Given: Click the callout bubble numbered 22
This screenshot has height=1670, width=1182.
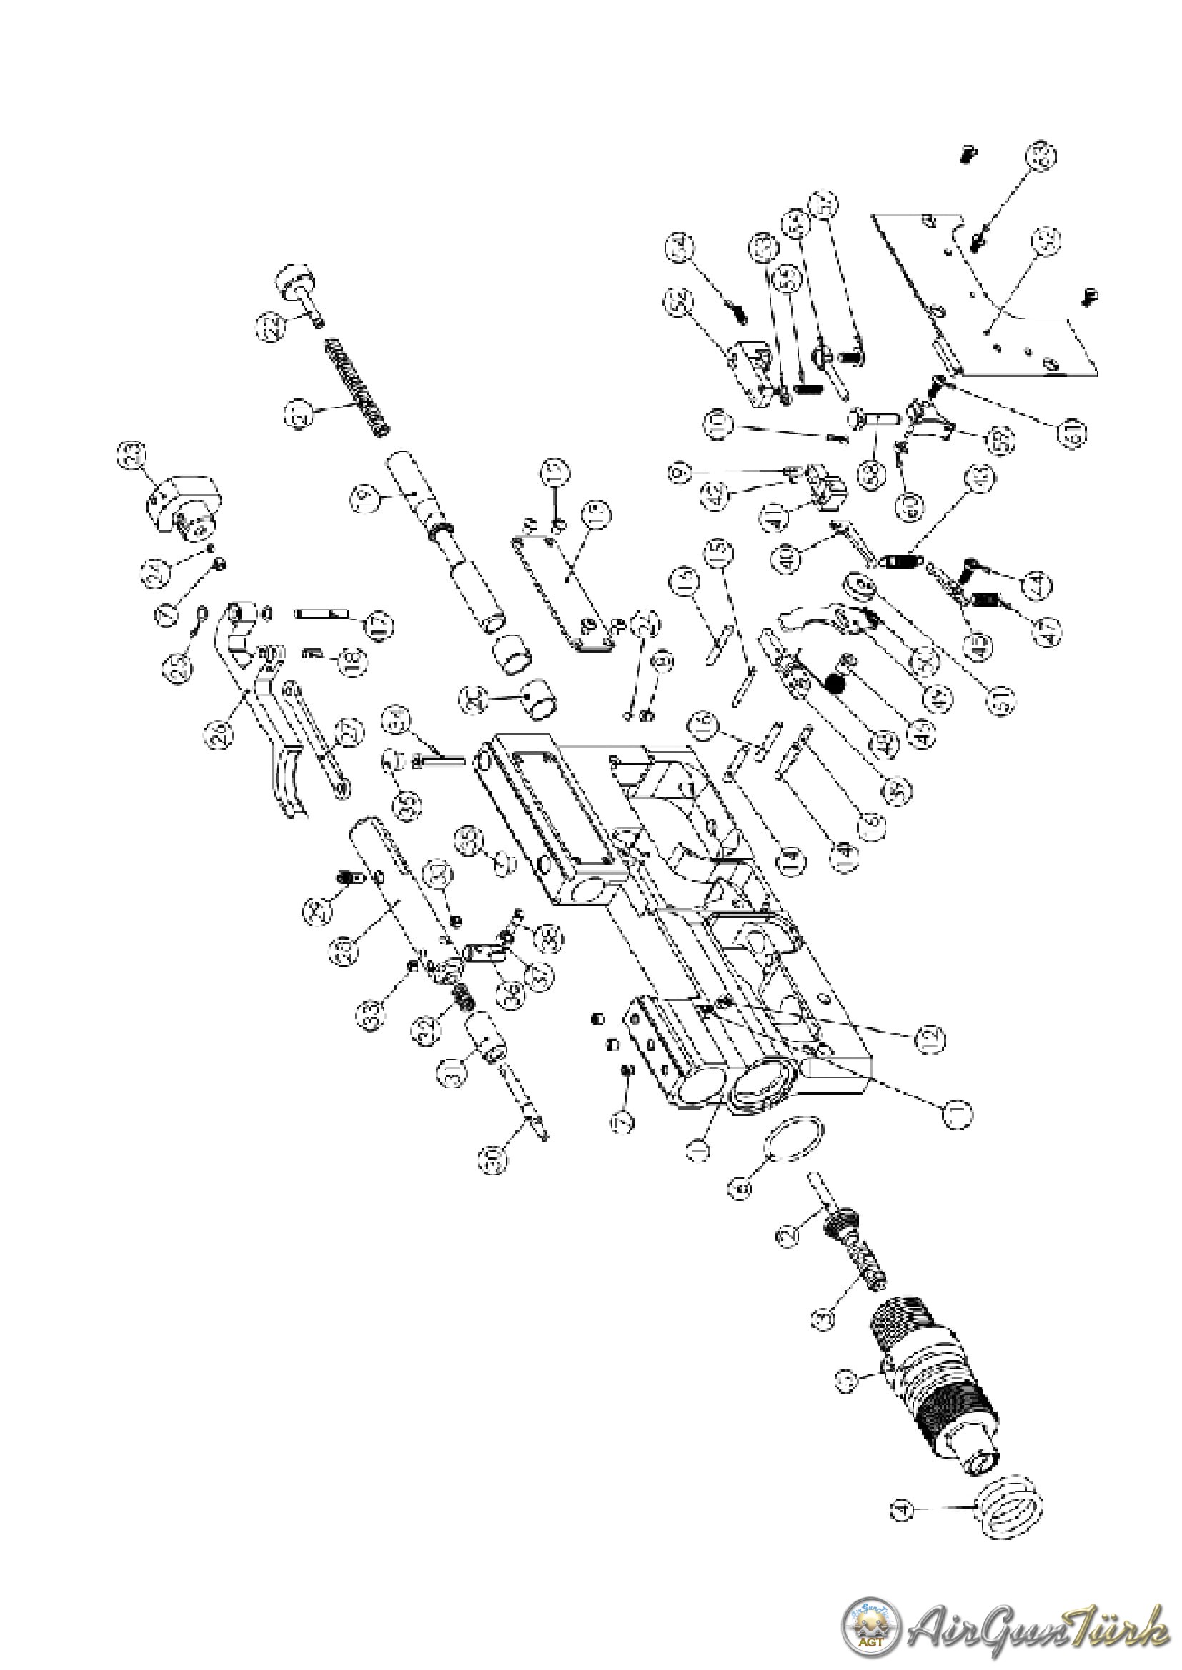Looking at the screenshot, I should click(x=270, y=326).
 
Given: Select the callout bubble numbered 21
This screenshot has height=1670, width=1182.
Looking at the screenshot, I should click(x=298, y=416).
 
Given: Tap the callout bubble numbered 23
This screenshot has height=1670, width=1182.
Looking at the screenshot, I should click(x=131, y=456).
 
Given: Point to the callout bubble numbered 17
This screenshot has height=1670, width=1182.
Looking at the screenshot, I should click(x=378, y=625).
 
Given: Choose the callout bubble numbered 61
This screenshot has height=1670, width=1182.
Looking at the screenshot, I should click(x=1071, y=432).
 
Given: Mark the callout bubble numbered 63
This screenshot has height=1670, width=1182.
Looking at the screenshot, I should click(x=1041, y=156).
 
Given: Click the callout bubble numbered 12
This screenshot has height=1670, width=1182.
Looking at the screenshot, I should click(x=931, y=1039).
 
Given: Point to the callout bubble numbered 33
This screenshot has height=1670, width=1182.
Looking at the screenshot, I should click(x=371, y=1015).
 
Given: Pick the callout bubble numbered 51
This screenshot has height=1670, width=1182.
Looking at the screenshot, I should click(x=1001, y=700).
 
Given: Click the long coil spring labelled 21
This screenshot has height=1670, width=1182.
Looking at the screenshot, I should click(x=357, y=387).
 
